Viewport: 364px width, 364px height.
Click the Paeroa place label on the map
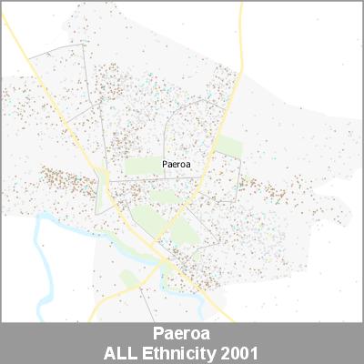(x=175, y=165)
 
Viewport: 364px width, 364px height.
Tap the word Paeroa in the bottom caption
(x=182, y=334)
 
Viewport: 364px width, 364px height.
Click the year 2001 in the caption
(x=239, y=351)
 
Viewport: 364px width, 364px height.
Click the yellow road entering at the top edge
(x=242, y=18)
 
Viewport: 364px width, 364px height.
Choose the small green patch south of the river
(x=127, y=278)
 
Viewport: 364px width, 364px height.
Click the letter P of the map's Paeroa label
(x=163, y=165)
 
